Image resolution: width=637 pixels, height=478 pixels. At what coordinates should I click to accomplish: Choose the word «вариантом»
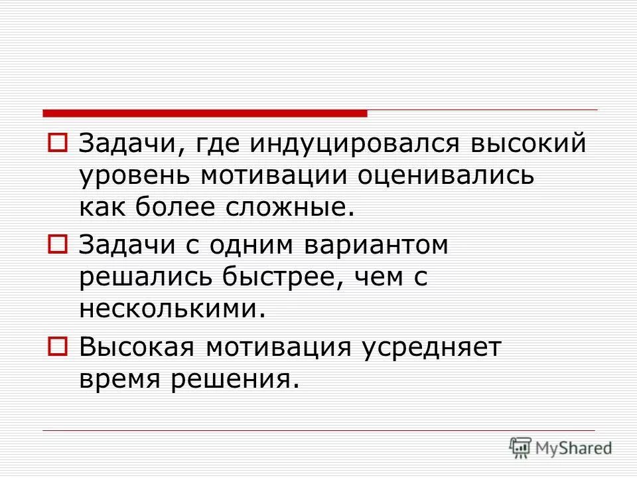pyautogui.click(x=376, y=246)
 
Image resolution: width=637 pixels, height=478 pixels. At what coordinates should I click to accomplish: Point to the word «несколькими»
pyautogui.click(x=167, y=309)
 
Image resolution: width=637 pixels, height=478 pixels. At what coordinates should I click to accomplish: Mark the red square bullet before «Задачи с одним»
pyautogui.click(x=58, y=245)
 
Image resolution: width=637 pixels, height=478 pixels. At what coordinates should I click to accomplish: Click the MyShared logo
pyautogui.click(x=561, y=447)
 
